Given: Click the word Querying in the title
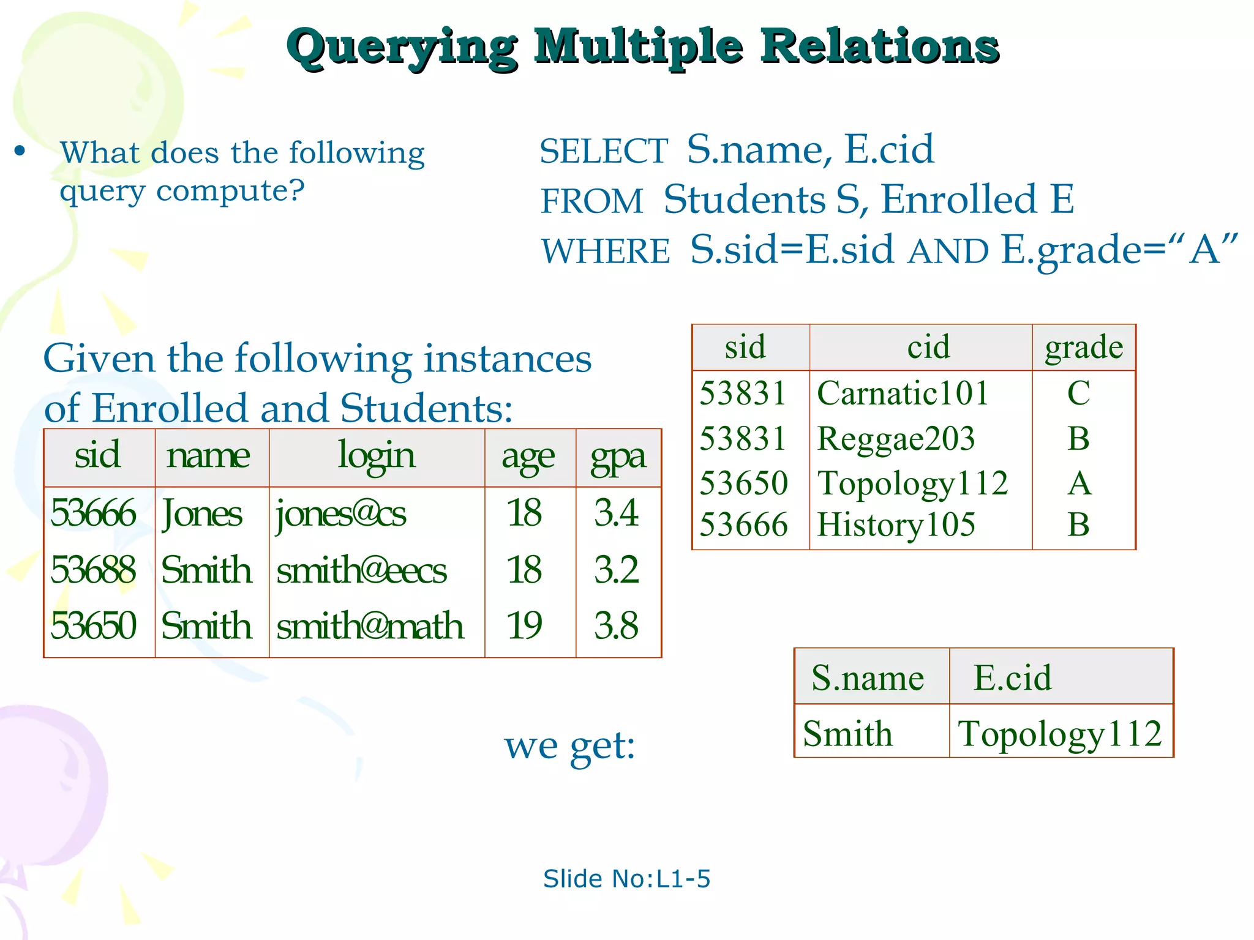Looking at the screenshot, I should coord(402,48).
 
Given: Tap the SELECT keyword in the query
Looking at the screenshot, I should coord(603,151).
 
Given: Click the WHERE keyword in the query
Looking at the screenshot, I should coord(606,252).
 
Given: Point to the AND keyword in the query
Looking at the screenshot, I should coord(948,252).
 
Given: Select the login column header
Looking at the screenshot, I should coord(376,457).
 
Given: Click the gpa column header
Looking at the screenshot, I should coord(618,457).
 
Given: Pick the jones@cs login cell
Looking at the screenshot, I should coord(340,513).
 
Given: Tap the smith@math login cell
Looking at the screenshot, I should coord(370,625).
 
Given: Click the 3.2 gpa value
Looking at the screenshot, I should coord(616,570).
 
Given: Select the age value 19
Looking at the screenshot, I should coord(524,625).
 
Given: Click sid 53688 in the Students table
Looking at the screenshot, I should coord(93,570).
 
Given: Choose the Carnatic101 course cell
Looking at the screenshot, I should coord(903,393).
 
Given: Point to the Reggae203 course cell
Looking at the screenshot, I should coord(896,439).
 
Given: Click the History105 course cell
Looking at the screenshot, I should coord(896,525).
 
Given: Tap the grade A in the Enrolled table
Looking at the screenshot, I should coord(1079,483).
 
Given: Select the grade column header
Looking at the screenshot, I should coord(1084,347).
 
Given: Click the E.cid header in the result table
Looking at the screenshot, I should coord(1012,677).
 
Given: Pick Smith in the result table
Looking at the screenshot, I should coord(847,733).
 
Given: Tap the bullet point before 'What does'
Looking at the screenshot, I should coord(20,151).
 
